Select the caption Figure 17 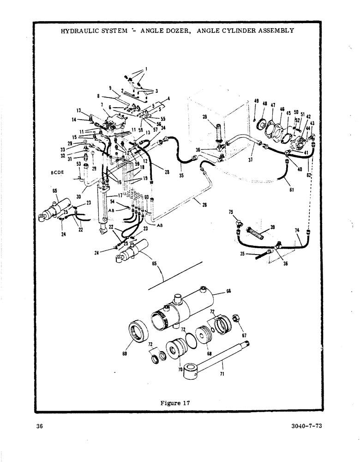(x=175, y=402)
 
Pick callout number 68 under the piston (x=210, y=354)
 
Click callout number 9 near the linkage (x=110, y=88)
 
